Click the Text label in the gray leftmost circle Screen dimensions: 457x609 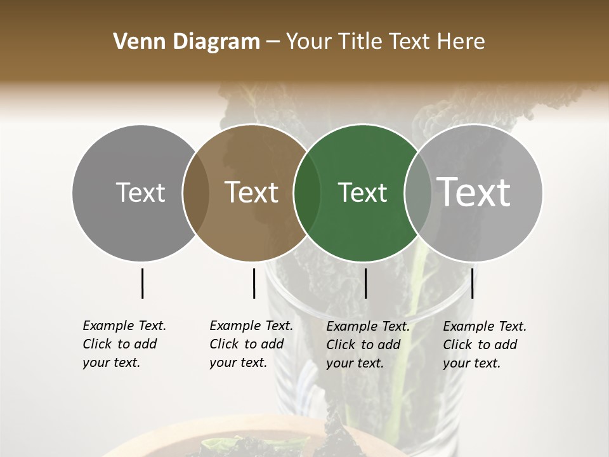pyautogui.click(x=140, y=192)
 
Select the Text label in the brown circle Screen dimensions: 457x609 pyautogui.click(x=252, y=192)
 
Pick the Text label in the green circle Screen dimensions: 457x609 pyautogui.click(x=362, y=192)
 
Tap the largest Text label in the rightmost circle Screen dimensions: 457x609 pyautogui.click(x=475, y=192)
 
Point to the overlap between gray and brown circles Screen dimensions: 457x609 pyautogui.click(x=196, y=193)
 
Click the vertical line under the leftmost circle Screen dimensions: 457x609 pyautogui.click(x=142, y=283)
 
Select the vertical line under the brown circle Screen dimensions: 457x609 pyautogui.click(x=254, y=283)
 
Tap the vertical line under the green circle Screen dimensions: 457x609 pyautogui.click(x=365, y=283)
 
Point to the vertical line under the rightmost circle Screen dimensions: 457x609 pyautogui.click(x=473, y=283)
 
